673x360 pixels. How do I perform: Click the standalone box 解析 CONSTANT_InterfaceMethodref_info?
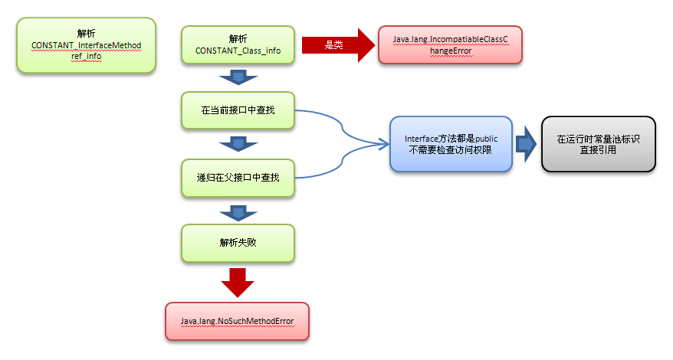(x=86, y=46)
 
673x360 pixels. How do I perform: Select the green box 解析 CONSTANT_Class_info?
(x=238, y=44)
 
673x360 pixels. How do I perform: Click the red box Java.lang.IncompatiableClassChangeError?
(x=450, y=44)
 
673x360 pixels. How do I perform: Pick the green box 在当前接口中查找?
(x=238, y=110)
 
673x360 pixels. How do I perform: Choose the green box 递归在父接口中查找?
(x=238, y=177)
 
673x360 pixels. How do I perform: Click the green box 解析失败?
(x=238, y=242)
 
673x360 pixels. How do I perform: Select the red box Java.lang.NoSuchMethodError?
(x=238, y=320)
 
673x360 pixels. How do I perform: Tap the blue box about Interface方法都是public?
(x=451, y=144)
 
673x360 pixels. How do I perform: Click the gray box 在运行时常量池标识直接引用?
(x=598, y=144)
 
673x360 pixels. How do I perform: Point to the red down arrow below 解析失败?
(x=238, y=282)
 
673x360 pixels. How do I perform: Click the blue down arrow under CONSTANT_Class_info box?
(x=238, y=77)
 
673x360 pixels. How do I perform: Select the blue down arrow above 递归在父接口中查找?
(x=238, y=143)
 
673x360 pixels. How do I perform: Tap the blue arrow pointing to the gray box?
(x=526, y=144)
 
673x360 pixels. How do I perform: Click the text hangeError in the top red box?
(x=451, y=51)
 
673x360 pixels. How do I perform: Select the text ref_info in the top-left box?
(x=86, y=56)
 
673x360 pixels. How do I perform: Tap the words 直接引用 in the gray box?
(x=598, y=150)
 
